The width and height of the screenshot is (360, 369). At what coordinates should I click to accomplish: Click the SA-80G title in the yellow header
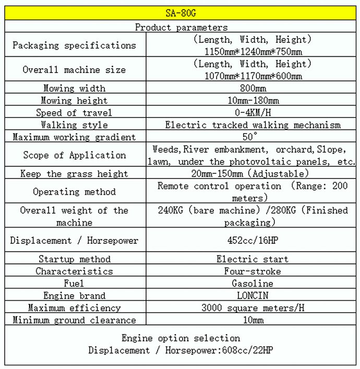coord(181,13)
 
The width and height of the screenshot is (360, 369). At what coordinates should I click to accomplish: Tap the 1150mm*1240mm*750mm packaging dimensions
coord(253,51)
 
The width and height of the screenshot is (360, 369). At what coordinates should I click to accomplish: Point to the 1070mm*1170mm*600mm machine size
coord(253,76)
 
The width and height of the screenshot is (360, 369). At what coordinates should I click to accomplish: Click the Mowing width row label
coord(74,88)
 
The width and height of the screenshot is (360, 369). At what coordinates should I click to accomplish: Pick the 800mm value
coord(253,88)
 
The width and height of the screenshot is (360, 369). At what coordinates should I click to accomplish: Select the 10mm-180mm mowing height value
coord(253,100)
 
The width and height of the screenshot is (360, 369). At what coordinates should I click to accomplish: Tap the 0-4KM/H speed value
coord(253,112)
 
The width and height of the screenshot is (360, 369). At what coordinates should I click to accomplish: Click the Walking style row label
coord(74,125)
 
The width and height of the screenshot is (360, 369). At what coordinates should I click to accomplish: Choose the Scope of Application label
coord(74,155)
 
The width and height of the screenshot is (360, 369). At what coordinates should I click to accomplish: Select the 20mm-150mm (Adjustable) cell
coord(253,173)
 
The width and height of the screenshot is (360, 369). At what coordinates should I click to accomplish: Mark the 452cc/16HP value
coord(253,241)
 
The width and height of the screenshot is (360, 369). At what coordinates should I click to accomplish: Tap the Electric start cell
coord(253,259)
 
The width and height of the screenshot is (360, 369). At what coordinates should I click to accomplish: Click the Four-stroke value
coord(253,271)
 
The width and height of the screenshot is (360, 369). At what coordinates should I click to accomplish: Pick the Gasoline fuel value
coord(253,283)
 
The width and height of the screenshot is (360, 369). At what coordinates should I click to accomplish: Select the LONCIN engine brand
coord(253,295)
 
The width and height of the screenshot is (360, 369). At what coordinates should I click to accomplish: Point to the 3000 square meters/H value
coord(253,308)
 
